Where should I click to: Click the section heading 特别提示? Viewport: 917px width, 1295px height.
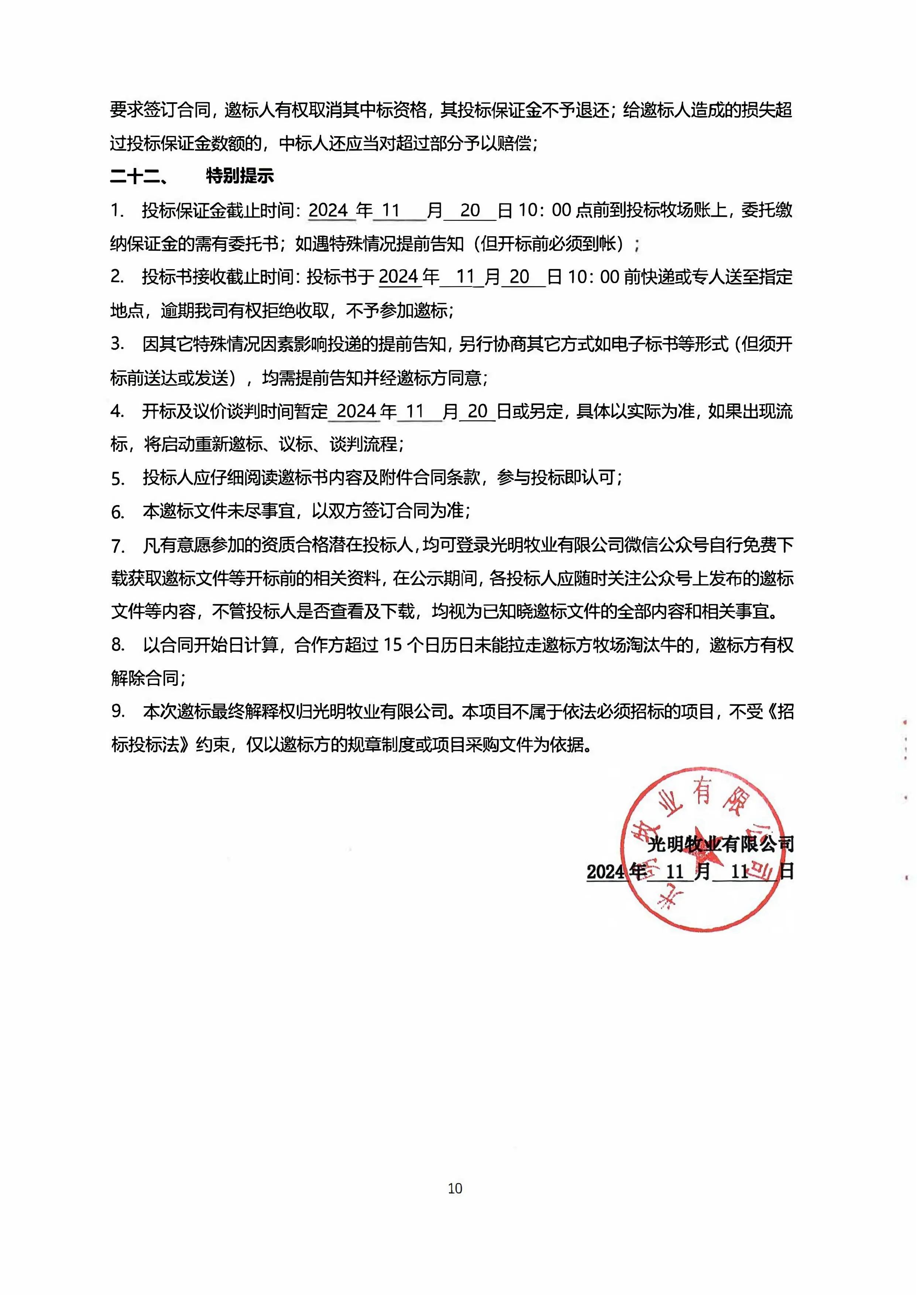pyautogui.click(x=240, y=176)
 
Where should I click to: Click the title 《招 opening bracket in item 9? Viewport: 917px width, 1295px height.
pyautogui.click(x=780, y=711)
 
